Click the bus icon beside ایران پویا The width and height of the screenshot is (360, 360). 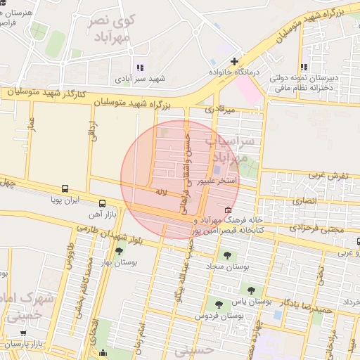pos(65,188)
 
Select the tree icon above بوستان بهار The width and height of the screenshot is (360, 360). pos(118,250)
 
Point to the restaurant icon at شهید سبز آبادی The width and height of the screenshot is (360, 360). pos(139,67)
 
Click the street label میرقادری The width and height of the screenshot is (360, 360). pos(218,110)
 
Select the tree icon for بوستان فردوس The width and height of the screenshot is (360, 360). pos(219,305)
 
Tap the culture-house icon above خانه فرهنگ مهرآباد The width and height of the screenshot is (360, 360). pos(227,210)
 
